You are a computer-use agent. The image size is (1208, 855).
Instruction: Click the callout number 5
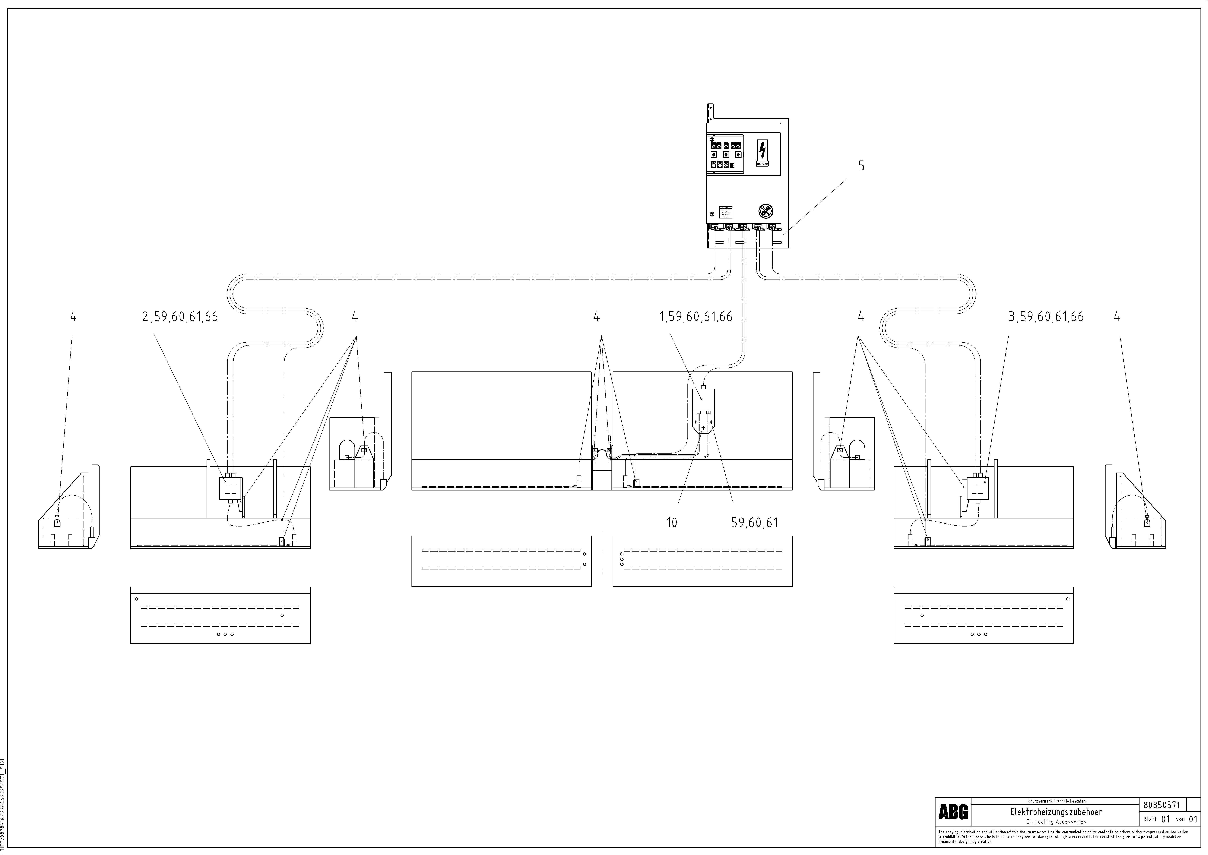pyautogui.click(x=861, y=166)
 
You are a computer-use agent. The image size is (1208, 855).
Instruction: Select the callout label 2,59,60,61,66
pyautogui.click(x=180, y=317)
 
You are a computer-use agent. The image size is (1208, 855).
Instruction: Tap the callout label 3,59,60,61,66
pyautogui.click(x=1046, y=317)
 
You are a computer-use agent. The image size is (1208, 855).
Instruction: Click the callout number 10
pyautogui.click(x=672, y=523)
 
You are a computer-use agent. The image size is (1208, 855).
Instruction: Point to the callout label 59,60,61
pyautogui.click(x=754, y=523)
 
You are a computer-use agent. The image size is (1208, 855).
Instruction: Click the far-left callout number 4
pyautogui.click(x=73, y=317)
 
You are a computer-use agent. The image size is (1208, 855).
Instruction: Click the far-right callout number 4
pyautogui.click(x=1117, y=317)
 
